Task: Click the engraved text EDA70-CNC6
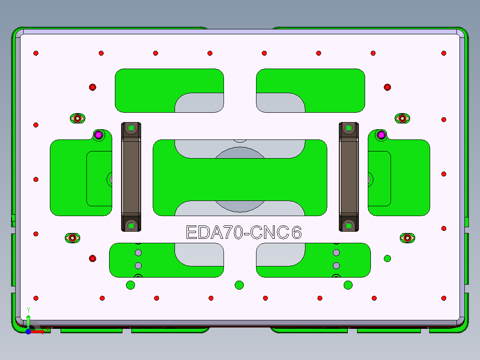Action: pos(244,233)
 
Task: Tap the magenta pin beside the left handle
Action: pos(98,134)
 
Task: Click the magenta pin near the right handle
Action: pos(381,134)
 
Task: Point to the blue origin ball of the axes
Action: pos(28,331)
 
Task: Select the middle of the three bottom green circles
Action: pos(239,285)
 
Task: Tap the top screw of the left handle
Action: pos(131,128)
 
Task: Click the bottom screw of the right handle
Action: pos(349,226)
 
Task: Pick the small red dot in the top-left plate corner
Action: pos(36,53)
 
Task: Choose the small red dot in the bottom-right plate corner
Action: pos(443,298)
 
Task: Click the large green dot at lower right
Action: pos(387,258)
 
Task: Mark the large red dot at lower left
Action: pos(93,258)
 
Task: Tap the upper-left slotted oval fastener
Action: pos(77,119)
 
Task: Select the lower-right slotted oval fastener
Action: pos(407,238)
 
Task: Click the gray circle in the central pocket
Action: pos(240,178)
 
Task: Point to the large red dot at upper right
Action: pos(387,87)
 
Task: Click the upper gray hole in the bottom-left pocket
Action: pos(138,253)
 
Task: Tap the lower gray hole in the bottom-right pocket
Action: pos(336,266)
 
